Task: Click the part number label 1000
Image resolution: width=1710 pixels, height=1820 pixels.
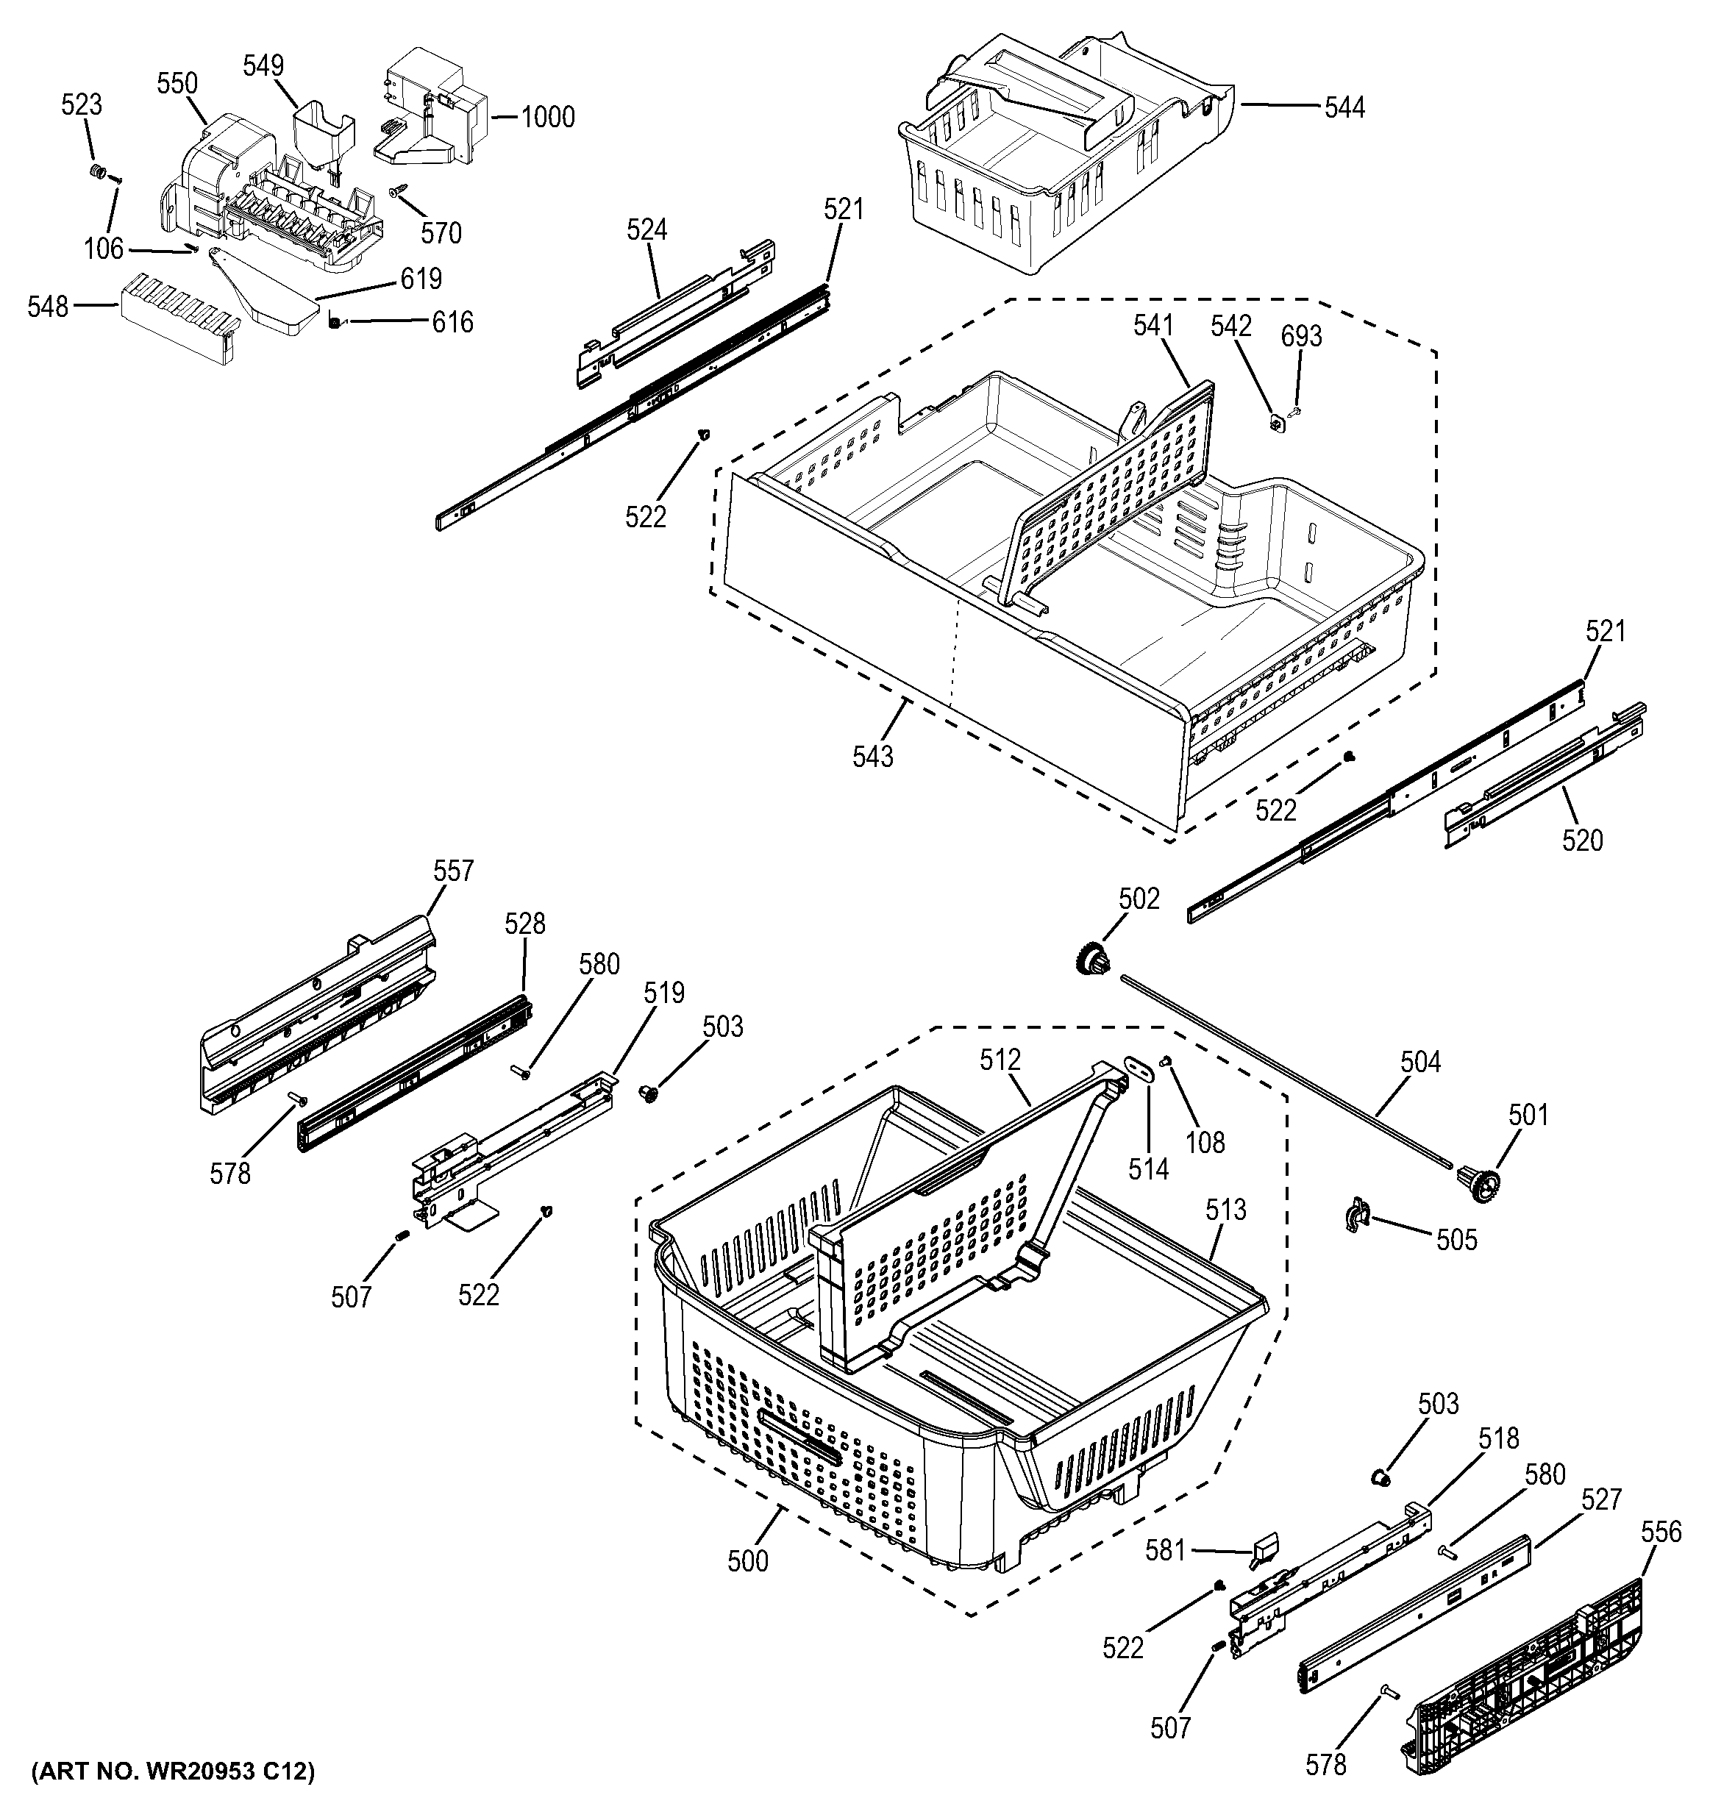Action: [547, 117]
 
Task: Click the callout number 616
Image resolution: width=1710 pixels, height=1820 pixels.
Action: [452, 322]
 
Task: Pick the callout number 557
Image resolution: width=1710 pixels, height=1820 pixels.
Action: [453, 870]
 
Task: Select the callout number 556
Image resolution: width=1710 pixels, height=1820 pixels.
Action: [1661, 1532]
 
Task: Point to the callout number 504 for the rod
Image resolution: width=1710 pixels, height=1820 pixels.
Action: [1419, 1062]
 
